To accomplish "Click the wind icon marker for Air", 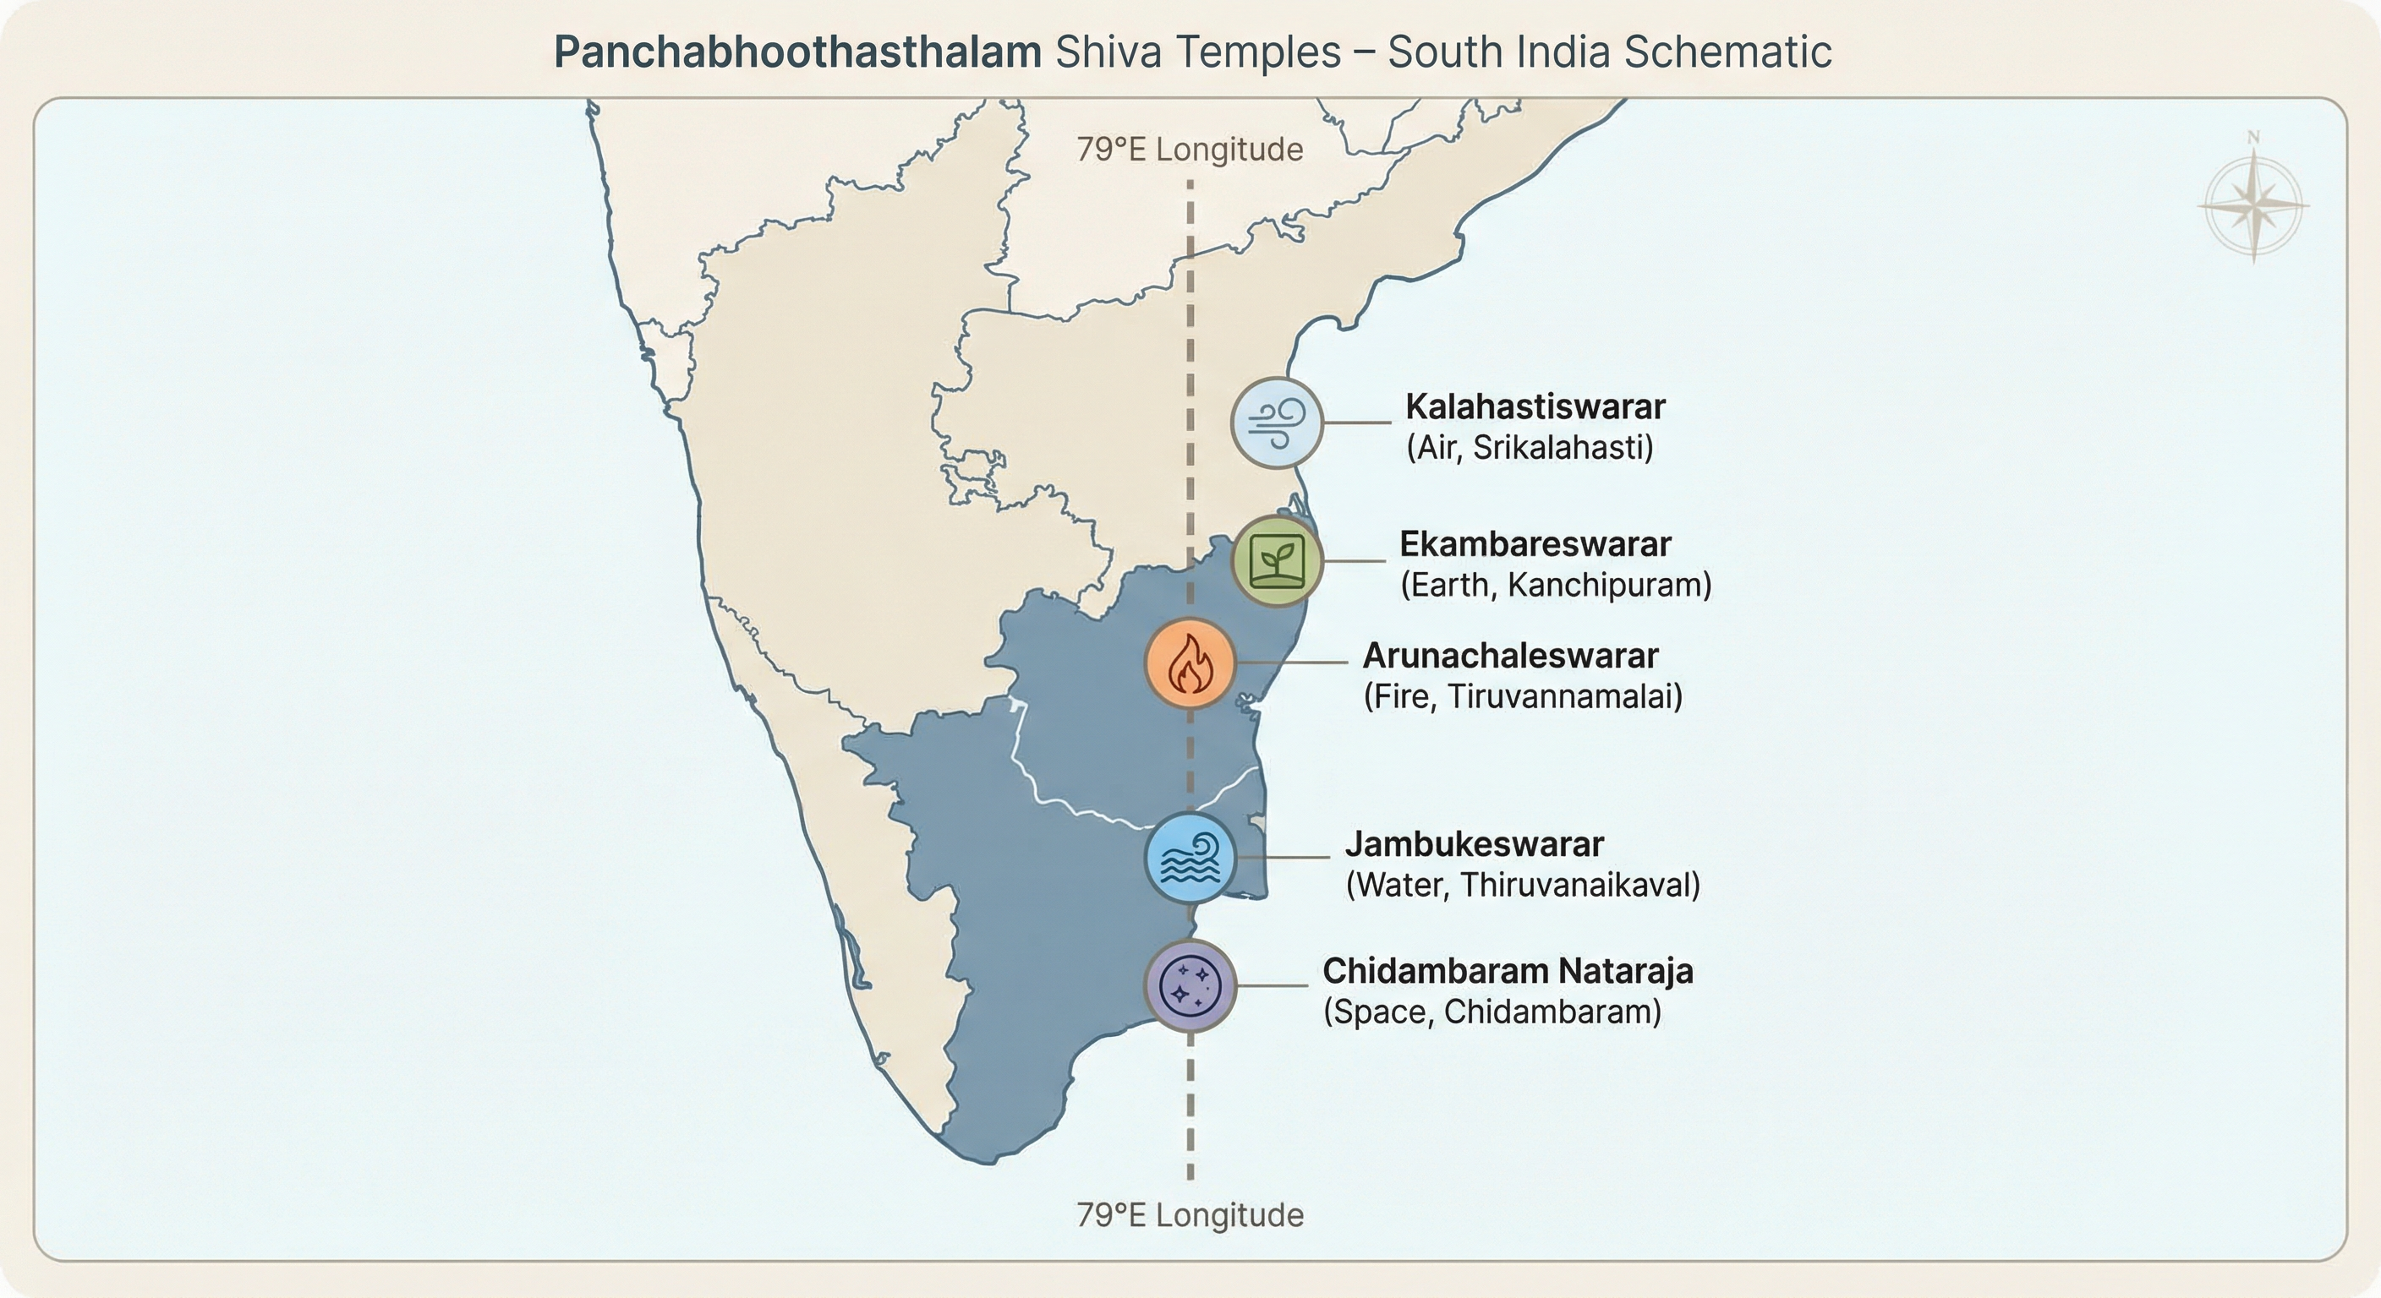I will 1277,423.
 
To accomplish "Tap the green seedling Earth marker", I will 1277,561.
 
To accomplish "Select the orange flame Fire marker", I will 1190,663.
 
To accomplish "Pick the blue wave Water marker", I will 1190,859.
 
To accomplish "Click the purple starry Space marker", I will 1190,985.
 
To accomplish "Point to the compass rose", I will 2253,205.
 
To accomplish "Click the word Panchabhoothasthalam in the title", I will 797,52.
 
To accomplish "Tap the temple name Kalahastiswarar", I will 1535,406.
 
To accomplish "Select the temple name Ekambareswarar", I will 1535,544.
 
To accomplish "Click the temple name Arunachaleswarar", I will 1510,655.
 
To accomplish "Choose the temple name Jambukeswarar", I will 1475,843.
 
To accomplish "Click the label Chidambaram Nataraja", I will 1508,971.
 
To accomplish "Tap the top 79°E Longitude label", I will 1190,150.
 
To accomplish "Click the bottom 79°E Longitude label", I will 1190,1215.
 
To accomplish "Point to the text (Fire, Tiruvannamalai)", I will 1522,696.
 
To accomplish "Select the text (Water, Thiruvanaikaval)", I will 1522,885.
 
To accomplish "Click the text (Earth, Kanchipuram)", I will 1556,585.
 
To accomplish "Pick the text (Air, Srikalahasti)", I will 1530,448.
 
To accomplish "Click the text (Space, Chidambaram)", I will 1492,1012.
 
